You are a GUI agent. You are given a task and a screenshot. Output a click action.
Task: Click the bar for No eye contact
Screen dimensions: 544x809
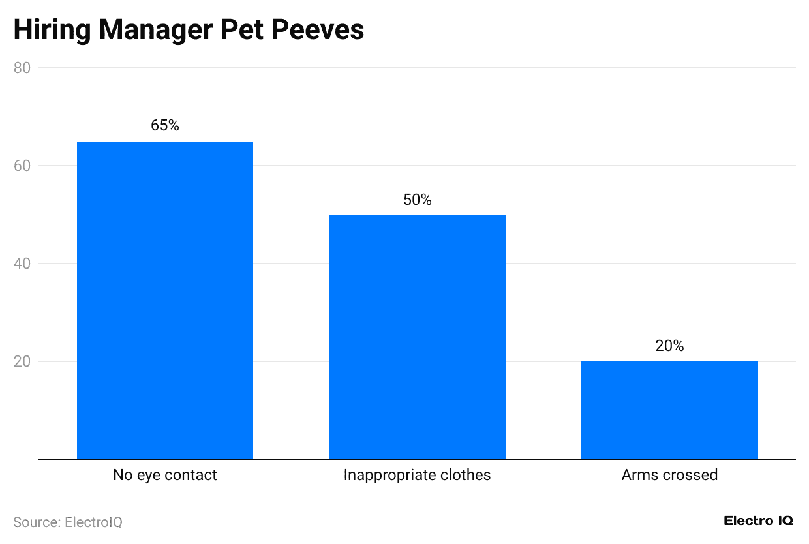pyautogui.click(x=165, y=300)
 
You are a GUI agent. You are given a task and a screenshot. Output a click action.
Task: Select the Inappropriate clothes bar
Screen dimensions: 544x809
pyautogui.click(x=417, y=337)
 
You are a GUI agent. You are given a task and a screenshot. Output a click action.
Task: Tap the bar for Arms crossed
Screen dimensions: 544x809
pyautogui.click(x=669, y=410)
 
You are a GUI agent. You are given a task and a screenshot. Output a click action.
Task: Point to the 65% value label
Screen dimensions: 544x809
pyautogui.click(x=165, y=126)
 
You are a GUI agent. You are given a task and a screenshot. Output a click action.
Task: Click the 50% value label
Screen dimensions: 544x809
pyautogui.click(x=418, y=200)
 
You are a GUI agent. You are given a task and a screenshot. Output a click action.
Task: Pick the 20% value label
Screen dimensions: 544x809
pyautogui.click(x=669, y=346)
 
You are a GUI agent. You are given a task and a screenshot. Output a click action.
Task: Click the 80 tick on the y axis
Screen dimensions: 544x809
pyautogui.click(x=22, y=68)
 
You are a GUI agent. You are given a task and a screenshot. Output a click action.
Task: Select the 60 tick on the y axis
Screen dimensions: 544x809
pyautogui.click(x=22, y=166)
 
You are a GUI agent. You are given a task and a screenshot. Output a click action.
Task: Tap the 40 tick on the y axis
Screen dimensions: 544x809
pyautogui.click(x=22, y=264)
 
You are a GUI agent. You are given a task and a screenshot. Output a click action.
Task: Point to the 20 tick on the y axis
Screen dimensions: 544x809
pyautogui.click(x=22, y=361)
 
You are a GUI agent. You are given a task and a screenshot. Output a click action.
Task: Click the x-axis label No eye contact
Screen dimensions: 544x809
pyautogui.click(x=165, y=475)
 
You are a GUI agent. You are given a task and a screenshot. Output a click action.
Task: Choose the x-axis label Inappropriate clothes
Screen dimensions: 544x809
pyautogui.click(x=417, y=475)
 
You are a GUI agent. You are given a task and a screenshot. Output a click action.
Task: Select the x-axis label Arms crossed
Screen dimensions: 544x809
pyautogui.click(x=669, y=475)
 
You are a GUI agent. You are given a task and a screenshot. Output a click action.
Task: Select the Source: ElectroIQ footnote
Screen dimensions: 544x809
pyautogui.click(x=68, y=522)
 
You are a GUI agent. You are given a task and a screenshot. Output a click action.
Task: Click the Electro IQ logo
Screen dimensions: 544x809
pyautogui.click(x=759, y=521)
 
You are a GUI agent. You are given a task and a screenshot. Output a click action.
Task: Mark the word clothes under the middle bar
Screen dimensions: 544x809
pyautogui.click(x=466, y=475)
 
